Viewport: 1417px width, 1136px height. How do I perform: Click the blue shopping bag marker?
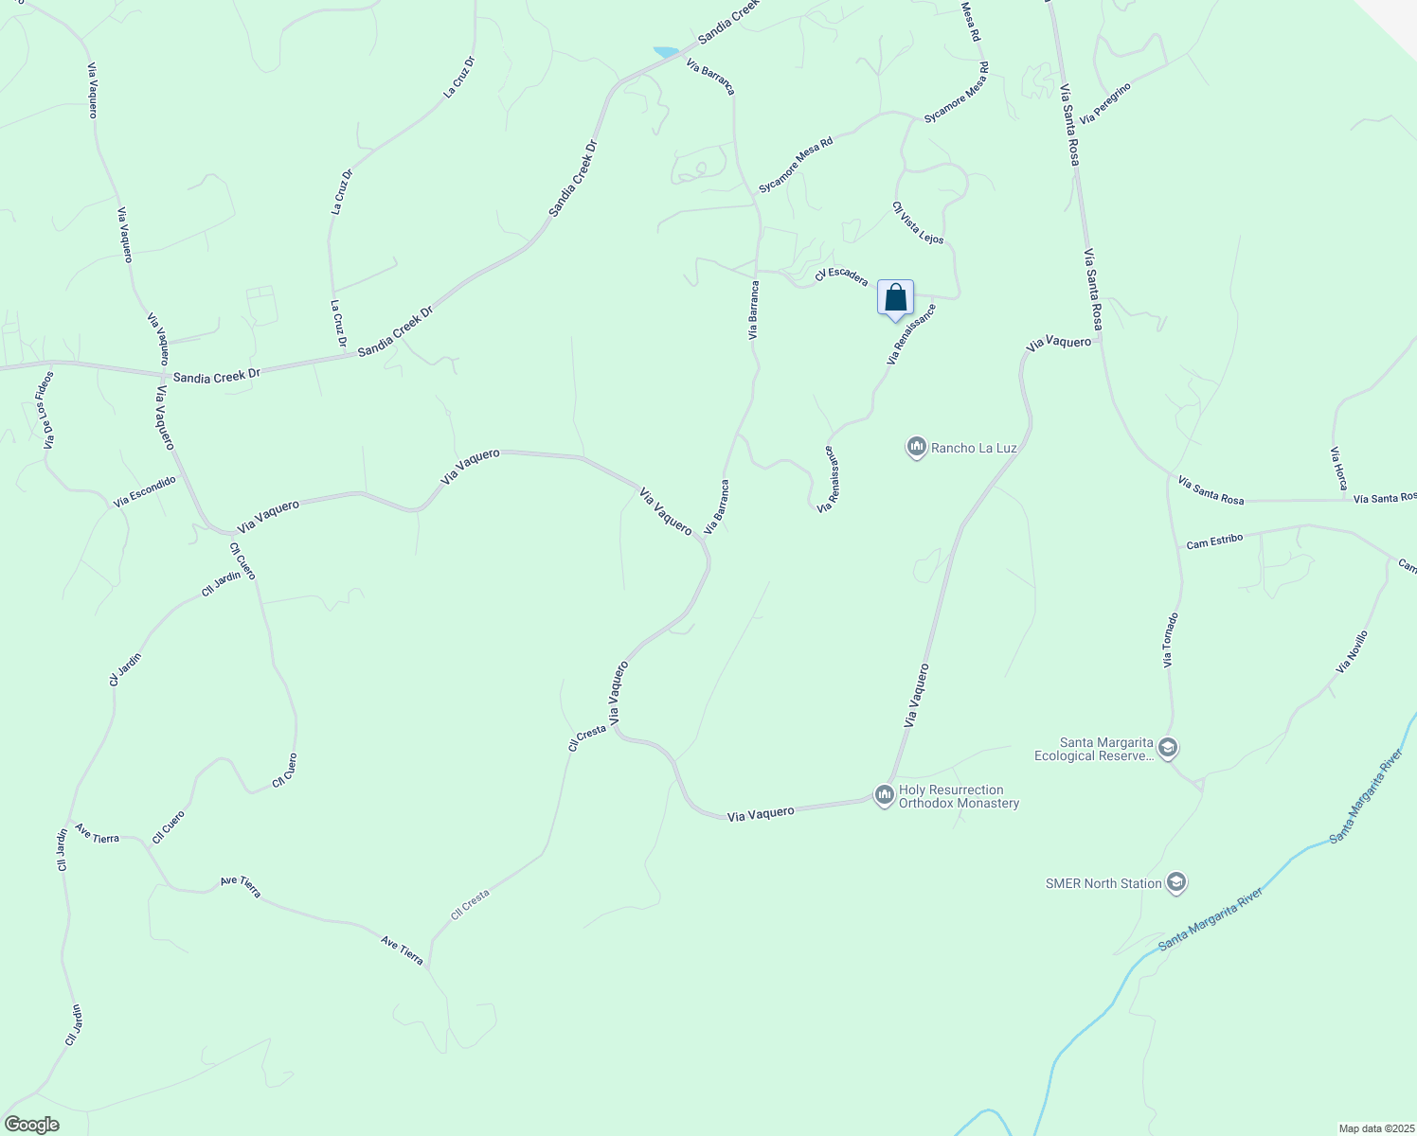click(x=895, y=299)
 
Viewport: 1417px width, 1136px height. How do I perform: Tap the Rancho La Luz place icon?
click(x=916, y=447)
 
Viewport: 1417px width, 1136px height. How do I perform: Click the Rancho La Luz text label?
click(x=974, y=448)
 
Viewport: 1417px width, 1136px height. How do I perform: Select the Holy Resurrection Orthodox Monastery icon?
click(x=885, y=795)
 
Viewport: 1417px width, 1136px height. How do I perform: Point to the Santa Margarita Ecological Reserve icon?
click(x=1168, y=748)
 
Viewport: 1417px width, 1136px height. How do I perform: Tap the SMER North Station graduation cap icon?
click(x=1176, y=883)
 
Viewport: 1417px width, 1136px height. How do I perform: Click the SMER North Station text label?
click(x=1103, y=883)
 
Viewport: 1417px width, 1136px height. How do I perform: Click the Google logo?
click(x=31, y=1125)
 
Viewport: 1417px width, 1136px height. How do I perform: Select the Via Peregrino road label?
click(x=1105, y=102)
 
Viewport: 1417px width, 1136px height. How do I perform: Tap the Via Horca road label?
click(x=1339, y=469)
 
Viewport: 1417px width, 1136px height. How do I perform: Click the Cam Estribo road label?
click(x=1214, y=542)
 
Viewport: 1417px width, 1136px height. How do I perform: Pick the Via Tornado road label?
click(x=1171, y=640)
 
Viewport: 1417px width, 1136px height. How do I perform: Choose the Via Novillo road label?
click(x=1352, y=652)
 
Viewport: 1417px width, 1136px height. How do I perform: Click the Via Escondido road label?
click(x=145, y=492)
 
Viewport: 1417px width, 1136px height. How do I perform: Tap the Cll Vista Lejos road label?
click(x=918, y=223)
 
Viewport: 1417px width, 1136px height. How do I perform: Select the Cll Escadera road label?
click(x=841, y=275)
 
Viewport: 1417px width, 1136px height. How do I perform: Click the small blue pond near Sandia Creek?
click(x=666, y=51)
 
